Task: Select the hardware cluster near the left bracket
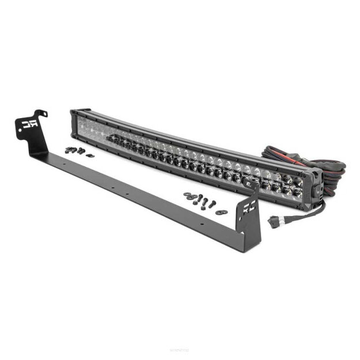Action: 75,151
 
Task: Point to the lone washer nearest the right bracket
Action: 219,213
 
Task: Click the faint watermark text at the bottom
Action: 180,350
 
